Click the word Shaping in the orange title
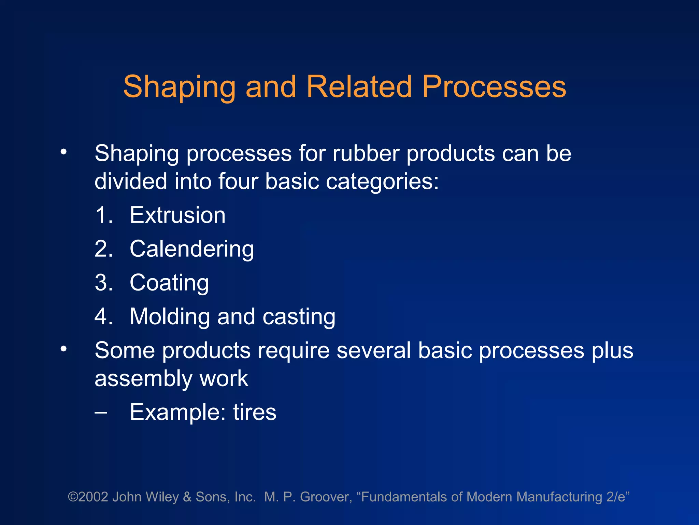click(179, 87)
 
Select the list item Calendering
click(192, 249)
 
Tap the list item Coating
click(169, 283)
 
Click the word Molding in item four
click(170, 317)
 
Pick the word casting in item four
click(299, 317)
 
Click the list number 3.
click(103, 283)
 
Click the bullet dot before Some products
click(63, 349)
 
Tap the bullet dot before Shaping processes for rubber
click(63, 152)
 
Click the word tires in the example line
click(255, 412)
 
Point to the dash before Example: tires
click(101, 413)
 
